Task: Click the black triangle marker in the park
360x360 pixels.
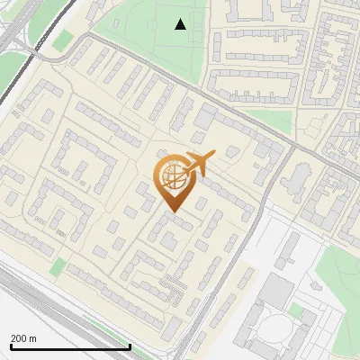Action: point(181,24)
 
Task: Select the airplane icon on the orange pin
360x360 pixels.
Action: point(199,165)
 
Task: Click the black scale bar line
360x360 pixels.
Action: point(70,346)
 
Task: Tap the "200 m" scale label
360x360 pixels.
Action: point(23,337)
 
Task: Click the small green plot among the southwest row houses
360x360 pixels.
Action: point(58,266)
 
